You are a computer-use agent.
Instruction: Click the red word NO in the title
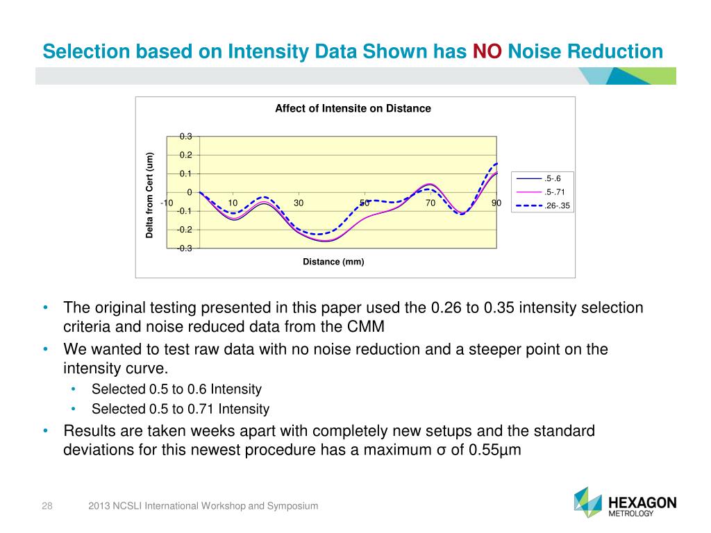tap(487, 51)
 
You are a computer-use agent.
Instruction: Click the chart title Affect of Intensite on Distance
tap(353, 108)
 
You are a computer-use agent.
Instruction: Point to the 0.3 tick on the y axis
tap(187, 137)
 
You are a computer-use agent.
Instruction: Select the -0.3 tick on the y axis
tap(185, 248)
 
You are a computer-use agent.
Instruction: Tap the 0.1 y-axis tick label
tap(187, 174)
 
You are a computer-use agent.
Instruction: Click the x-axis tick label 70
tap(430, 203)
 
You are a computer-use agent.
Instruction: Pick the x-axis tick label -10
tap(167, 203)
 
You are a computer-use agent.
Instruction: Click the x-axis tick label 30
tap(299, 203)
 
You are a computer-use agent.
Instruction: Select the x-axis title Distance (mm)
tap(333, 262)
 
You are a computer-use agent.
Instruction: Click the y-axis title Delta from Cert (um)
tap(149, 195)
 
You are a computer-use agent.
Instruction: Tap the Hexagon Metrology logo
tap(626, 502)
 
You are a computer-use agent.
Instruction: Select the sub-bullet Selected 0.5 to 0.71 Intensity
tap(181, 409)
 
